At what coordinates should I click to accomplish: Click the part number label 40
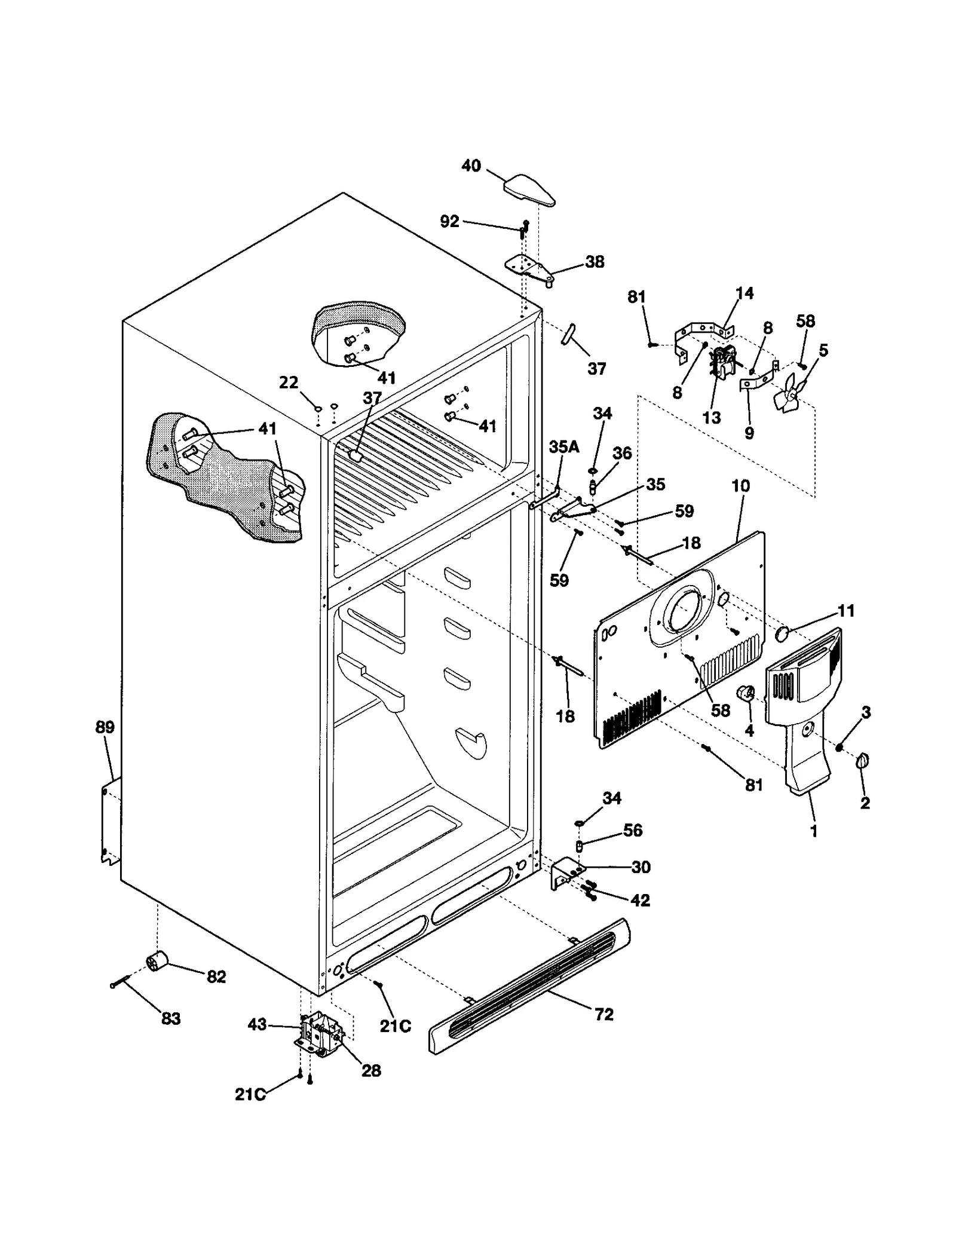click(x=471, y=166)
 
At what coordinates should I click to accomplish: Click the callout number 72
click(x=604, y=1014)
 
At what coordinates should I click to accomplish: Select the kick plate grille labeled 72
click(x=529, y=986)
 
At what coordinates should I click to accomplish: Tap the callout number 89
click(x=105, y=727)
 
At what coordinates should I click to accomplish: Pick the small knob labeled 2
click(x=862, y=761)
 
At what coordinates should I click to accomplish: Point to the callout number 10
click(x=740, y=486)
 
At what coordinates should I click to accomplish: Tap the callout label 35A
click(x=564, y=446)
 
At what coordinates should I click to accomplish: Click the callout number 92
click(x=449, y=222)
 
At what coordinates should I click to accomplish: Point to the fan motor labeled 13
click(x=722, y=363)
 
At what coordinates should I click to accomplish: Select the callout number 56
click(x=633, y=830)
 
